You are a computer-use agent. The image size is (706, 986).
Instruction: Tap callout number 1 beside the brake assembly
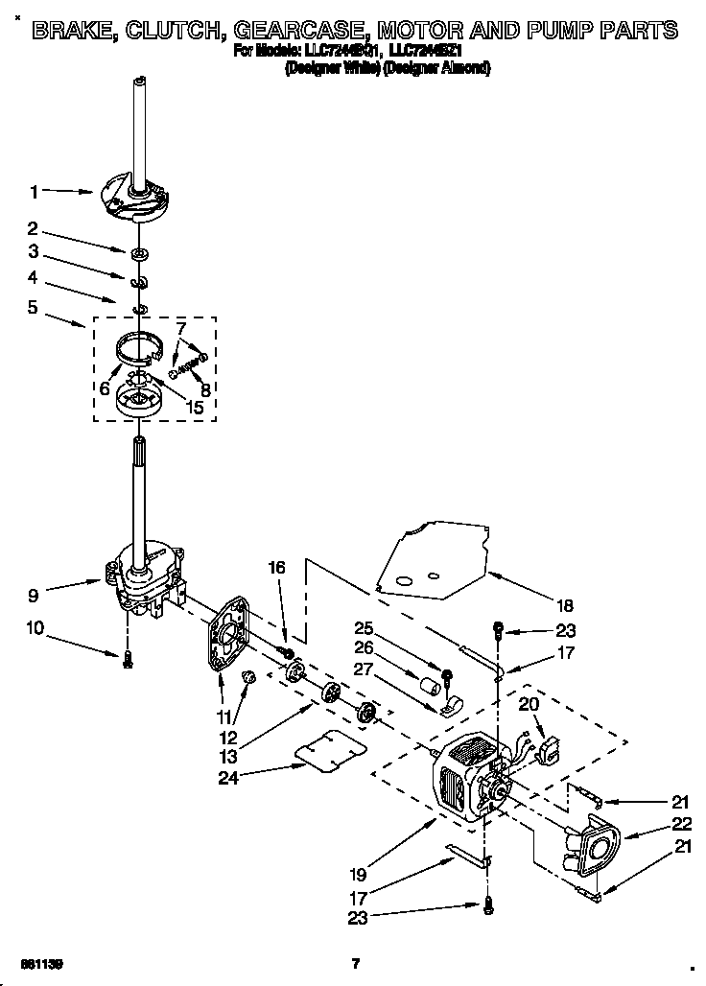[35, 193]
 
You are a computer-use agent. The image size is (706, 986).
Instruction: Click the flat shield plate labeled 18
[432, 561]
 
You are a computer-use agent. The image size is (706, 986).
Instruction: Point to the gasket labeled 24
[331, 750]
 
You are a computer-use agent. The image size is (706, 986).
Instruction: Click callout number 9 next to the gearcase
[34, 596]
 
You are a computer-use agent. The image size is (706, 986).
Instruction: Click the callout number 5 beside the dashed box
[34, 309]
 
